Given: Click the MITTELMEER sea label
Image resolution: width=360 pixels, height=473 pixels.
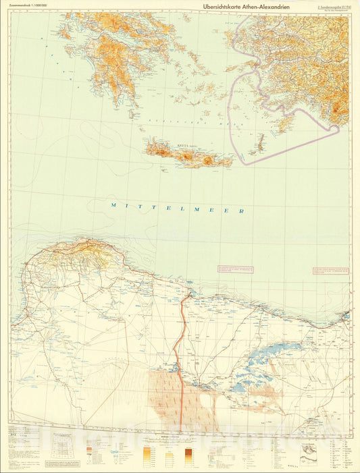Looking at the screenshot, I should coord(177,208).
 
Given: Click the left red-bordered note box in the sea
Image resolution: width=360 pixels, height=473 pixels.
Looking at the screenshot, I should coord(235,269).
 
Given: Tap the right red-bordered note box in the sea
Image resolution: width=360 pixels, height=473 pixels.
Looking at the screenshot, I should coord(332,271).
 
